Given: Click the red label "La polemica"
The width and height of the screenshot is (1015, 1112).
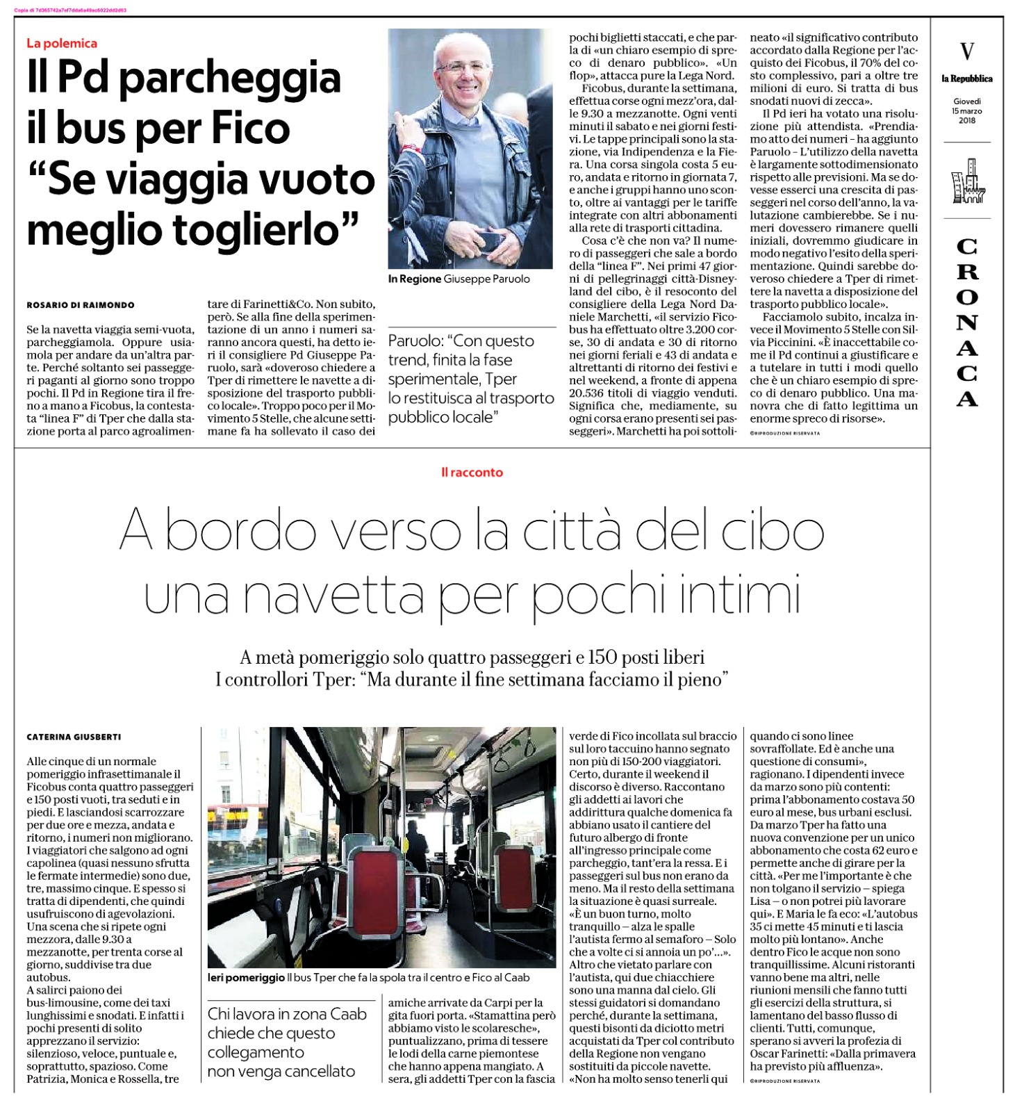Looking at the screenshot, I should (x=62, y=43).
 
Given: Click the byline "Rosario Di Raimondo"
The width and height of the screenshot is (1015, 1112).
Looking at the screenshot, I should (x=81, y=305).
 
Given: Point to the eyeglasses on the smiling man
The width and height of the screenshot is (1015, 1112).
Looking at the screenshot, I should (x=462, y=67).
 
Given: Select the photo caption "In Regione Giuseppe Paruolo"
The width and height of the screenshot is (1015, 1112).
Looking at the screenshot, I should (x=459, y=279).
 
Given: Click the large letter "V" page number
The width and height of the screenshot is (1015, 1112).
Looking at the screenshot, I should (x=966, y=51).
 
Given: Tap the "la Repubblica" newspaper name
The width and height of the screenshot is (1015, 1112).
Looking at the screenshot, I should (x=966, y=79).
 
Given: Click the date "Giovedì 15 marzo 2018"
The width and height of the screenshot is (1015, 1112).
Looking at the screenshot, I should (x=966, y=111).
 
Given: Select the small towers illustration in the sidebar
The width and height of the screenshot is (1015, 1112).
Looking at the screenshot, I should (x=967, y=181).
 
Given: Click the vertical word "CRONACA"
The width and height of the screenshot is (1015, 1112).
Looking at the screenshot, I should (x=967, y=322).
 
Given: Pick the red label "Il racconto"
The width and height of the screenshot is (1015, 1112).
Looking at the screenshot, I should (x=472, y=473).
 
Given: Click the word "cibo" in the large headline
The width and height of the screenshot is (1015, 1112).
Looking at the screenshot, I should (x=772, y=532).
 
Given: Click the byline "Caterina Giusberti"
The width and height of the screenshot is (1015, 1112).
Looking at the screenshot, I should (x=74, y=737).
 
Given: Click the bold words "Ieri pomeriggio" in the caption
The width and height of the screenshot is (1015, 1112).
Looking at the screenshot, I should (x=246, y=978).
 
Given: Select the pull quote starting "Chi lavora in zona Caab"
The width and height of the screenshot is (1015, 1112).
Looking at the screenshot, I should (x=287, y=1042).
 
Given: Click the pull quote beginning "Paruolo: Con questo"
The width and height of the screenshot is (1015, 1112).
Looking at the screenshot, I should (x=471, y=379).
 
